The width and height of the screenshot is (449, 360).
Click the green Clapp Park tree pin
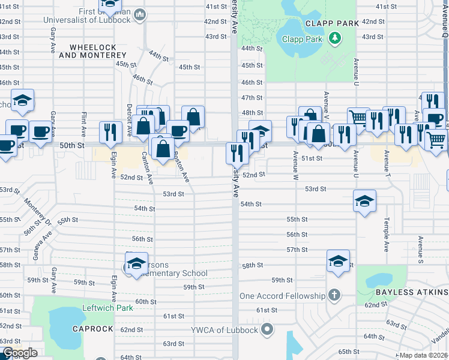coord(335,40)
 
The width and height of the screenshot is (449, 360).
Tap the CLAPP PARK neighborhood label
coord(332,23)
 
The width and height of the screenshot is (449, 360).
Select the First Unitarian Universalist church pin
coord(139,14)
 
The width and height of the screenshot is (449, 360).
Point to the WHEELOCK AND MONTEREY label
coord(98,50)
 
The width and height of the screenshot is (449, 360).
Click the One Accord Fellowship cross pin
coord(335,295)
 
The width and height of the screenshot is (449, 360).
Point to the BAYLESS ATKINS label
coord(411,292)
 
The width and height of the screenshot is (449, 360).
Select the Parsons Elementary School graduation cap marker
coord(136,263)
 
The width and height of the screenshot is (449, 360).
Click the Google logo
coord(19,353)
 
